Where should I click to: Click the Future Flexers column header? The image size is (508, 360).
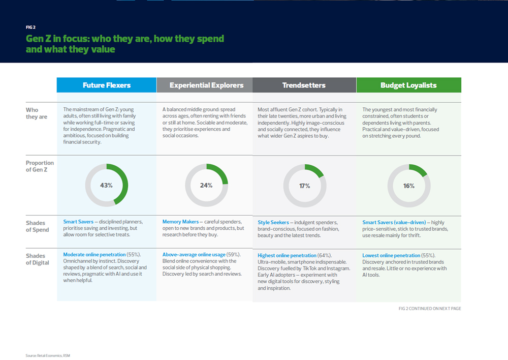click(x=107, y=85)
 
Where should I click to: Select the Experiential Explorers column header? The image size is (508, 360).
click(x=206, y=85)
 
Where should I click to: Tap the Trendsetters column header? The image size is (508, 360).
click(x=304, y=85)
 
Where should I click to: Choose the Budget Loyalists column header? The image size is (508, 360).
click(x=408, y=85)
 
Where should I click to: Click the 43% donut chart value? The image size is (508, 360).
click(x=106, y=186)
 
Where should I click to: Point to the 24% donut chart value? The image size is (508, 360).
click(x=206, y=186)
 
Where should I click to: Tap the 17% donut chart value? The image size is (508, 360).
click(x=304, y=186)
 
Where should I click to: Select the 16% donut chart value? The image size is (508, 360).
click(x=409, y=186)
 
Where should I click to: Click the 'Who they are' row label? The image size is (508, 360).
click(x=36, y=113)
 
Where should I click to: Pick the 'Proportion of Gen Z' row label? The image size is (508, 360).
click(x=40, y=166)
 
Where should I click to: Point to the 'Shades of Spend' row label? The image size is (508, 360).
click(x=38, y=226)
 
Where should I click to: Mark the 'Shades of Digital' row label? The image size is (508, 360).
click(x=38, y=259)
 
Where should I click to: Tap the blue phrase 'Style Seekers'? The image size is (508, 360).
click(x=273, y=223)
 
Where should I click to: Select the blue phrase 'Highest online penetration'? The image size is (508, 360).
click(x=287, y=255)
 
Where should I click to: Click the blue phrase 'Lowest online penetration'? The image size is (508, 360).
click(x=391, y=255)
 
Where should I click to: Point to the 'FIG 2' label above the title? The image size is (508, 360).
click(x=30, y=27)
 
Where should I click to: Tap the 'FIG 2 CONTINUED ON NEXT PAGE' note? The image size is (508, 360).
click(x=430, y=309)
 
